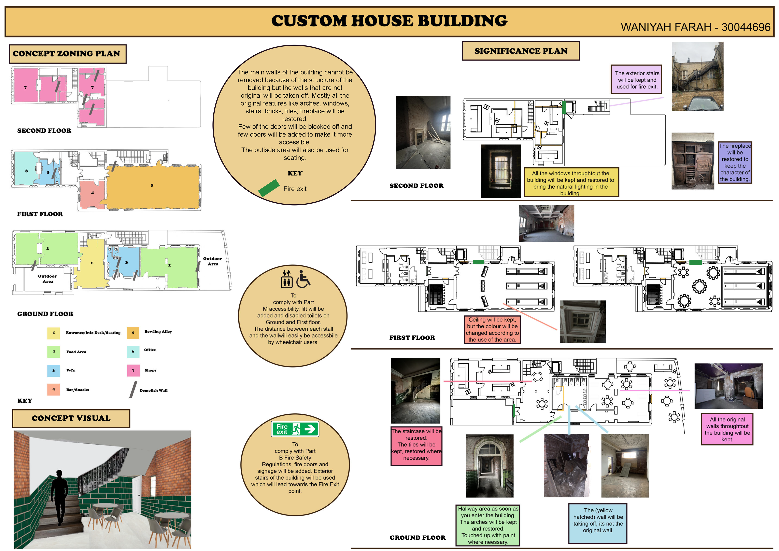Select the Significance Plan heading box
point(521,51)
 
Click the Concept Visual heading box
point(71,418)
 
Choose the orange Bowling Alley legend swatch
point(133,333)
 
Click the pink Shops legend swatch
point(133,370)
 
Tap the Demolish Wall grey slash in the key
point(133,389)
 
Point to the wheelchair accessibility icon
point(303,279)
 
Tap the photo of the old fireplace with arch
point(423,132)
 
